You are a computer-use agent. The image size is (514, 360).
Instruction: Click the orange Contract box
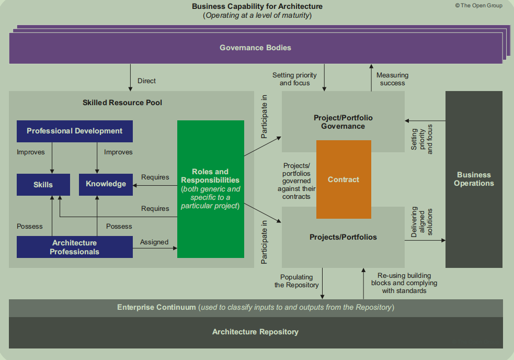click(x=344, y=179)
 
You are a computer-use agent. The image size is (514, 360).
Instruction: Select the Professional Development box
click(x=74, y=131)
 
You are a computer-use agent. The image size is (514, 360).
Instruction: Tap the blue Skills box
click(x=43, y=184)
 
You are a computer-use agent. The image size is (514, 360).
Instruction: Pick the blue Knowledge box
click(x=106, y=184)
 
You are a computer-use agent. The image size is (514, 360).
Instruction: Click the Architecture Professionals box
click(x=74, y=247)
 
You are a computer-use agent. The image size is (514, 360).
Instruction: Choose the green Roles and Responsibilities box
click(x=210, y=188)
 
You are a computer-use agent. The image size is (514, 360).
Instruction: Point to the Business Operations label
click(x=474, y=179)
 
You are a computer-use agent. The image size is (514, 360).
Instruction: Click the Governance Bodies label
click(x=255, y=48)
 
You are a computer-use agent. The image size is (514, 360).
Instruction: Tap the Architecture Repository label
click(x=255, y=332)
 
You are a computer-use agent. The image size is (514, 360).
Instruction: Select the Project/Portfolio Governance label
click(x=343, y=122)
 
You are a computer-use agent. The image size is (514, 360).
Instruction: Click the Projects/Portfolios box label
click(x=343, y=237)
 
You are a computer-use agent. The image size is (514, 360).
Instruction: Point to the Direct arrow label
click(x=146, y=81)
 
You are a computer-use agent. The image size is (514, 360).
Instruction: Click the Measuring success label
click(x=392, y=79)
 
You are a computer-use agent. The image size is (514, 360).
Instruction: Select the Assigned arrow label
click(x=154, y=242)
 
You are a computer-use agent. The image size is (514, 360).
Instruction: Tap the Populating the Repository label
click(x=296, y=281)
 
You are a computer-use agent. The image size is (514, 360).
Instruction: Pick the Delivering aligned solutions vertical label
click(x=422, y=222)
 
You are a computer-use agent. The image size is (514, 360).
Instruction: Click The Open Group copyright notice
click(x=478, y=6)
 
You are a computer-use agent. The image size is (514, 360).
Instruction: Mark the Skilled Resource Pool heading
click(x=122, y=103)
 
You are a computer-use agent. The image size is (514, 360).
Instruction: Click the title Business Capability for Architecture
click(x=257, y=6)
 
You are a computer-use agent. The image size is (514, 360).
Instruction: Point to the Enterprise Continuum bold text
click(x=156, y=307)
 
